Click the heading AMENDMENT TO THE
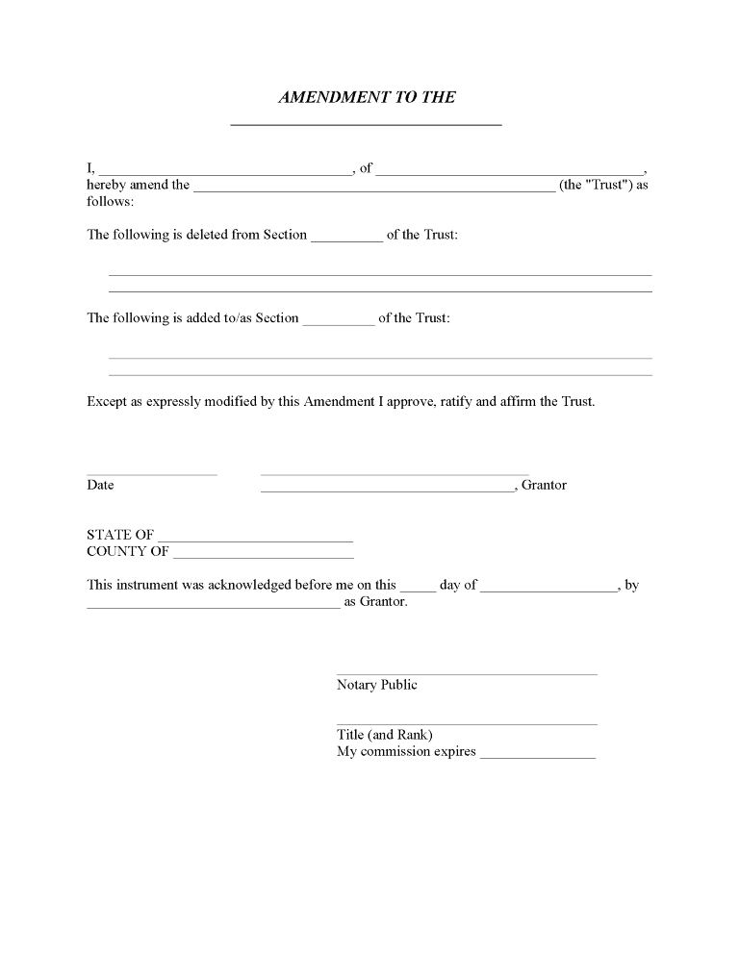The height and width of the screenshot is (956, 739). [x=367, y=97]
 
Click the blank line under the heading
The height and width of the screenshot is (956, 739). [x=367, y=124]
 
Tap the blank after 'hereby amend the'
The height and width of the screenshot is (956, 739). [x=374, y=189]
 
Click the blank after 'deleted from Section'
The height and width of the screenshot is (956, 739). [x=346, y=239]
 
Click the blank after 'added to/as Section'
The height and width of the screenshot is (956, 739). [x=339, y=323]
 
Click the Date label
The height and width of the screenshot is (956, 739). [x=100, y=485]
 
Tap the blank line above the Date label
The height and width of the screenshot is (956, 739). [x=152, y=473]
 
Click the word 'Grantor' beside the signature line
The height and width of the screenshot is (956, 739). [x=544, y=485]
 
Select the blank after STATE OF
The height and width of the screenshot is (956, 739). [x=255, y=540]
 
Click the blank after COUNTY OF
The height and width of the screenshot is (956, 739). [x=263, y=557]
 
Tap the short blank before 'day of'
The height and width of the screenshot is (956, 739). [x=418, y=590]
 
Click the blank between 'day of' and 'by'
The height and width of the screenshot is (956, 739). [x=548, y=590]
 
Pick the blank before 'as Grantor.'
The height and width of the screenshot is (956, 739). [x=214, y=607]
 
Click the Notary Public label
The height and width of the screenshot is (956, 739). [x=377, y=685]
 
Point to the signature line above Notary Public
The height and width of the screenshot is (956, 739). [x=467, y=673]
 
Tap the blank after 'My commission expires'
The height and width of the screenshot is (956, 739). [x=538, y=757]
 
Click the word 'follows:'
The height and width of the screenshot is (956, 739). [x=111, y=202]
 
